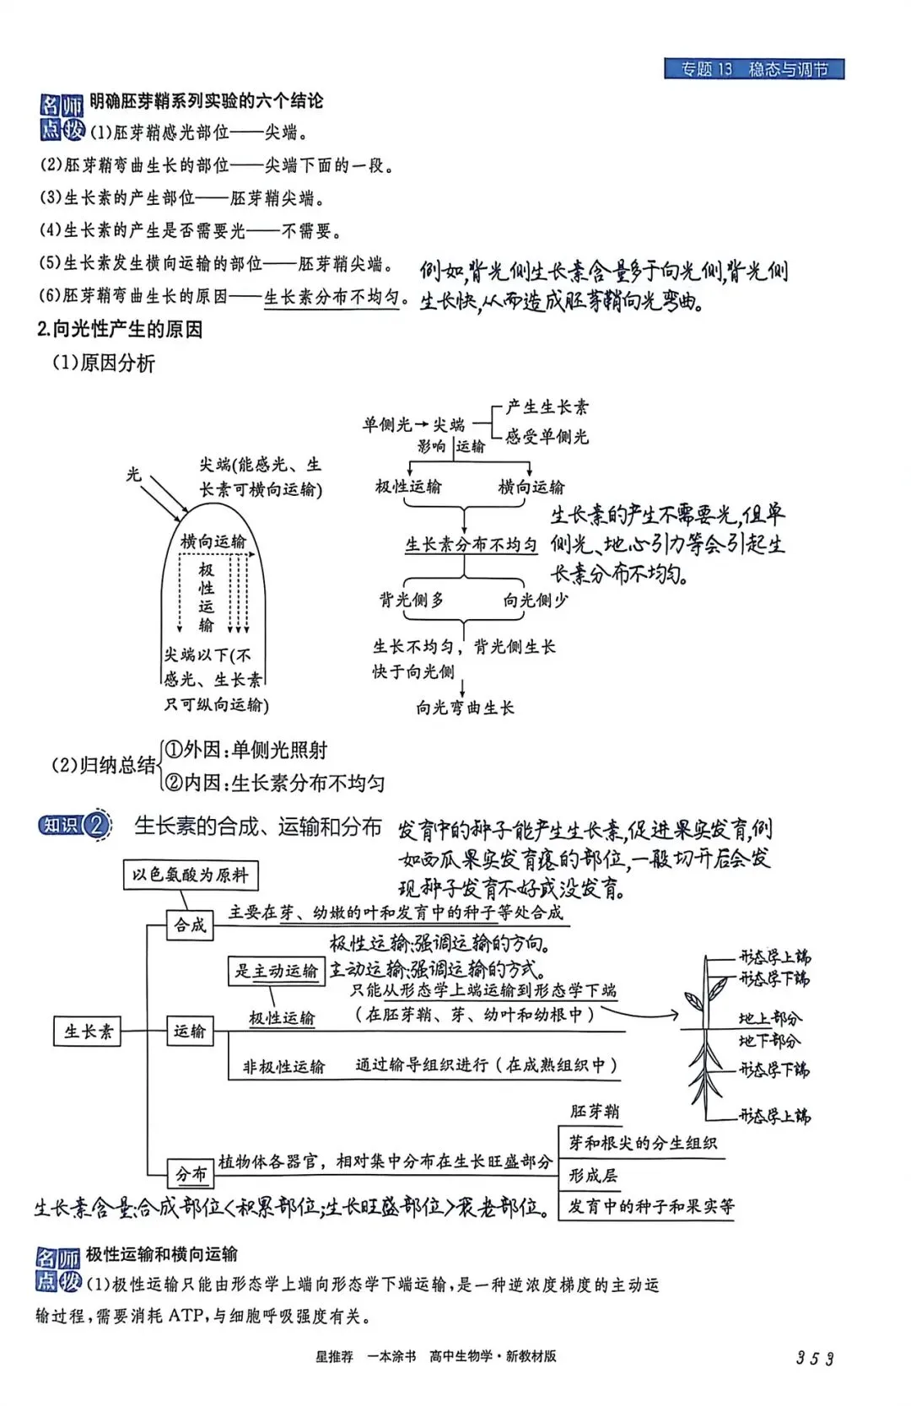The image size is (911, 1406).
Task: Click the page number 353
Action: click(x=814, y=1358)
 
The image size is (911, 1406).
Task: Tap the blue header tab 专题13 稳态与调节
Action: click(x=754, y=69)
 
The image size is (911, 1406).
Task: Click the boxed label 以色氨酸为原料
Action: click(x=191, y=875)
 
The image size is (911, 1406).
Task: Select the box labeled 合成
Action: click(x=190, y=925)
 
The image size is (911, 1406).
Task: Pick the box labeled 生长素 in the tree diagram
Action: click(x=88, y=1031)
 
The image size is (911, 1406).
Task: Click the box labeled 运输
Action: click(x=190, y=1031)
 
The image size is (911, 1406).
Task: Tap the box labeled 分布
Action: click(x=191, y=1173)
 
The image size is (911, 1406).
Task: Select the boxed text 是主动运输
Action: click(x=277, y=971)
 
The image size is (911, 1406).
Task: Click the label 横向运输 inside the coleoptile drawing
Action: click(x=213, y=541)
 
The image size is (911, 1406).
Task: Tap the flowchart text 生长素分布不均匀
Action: click(x=471, y=545)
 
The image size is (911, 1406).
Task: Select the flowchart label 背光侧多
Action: click(x=412, y=600)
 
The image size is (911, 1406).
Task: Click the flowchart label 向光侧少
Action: click(x=536, y=600)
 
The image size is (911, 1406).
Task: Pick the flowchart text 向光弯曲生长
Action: click(x=465, y=708)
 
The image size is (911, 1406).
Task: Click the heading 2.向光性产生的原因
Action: click(x=120, y=329)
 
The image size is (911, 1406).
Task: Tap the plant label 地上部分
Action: click(x=769, y=1018)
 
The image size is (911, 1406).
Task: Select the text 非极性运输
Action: click(x=283, y=1067)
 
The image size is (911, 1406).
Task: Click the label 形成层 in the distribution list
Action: click(x=593, y=1175)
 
